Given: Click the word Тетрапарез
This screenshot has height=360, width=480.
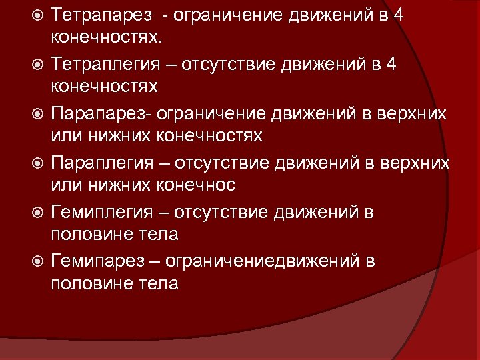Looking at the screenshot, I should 102,15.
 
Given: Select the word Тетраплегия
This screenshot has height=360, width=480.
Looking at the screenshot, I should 107,65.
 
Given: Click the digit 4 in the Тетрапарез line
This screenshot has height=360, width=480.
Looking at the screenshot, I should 398,15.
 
